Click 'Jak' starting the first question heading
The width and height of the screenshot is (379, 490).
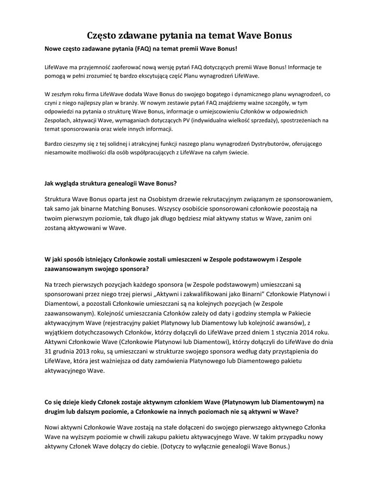(x=49, y=183)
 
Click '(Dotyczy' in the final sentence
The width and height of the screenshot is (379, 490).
(x=175, y=445)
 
